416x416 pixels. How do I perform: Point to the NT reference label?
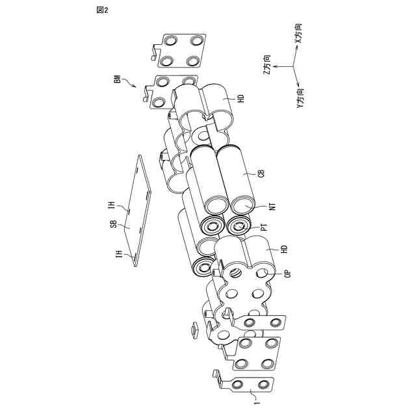point(272,207)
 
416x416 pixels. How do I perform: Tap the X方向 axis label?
point(300,32)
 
